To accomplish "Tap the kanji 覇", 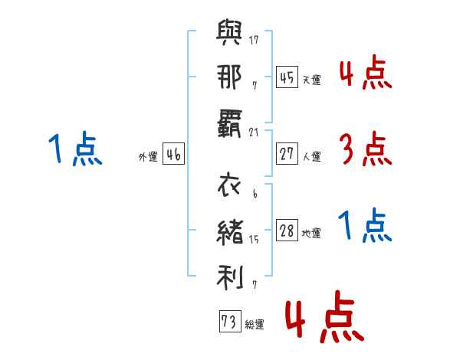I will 230,123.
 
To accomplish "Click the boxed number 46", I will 173,154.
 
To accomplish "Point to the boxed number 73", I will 228,322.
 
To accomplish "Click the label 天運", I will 312,80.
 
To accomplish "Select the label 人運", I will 312,156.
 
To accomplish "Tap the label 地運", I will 312,233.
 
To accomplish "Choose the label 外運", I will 148,156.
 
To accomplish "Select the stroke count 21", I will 254,132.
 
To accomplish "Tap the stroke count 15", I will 254,240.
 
